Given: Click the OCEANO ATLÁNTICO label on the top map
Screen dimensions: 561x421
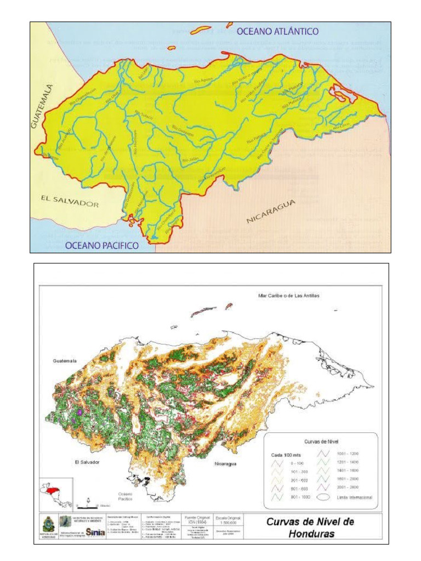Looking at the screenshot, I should pos(277,32).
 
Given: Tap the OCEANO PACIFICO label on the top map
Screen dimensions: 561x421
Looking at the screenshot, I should pos(102,246).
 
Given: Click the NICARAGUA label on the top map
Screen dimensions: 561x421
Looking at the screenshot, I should pos(271,211).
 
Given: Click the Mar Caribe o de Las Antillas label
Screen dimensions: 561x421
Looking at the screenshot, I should pos(288,296).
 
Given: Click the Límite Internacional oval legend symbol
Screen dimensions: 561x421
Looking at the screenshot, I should pos(323,497).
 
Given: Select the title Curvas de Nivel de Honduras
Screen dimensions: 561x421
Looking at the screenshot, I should pos(310,526).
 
